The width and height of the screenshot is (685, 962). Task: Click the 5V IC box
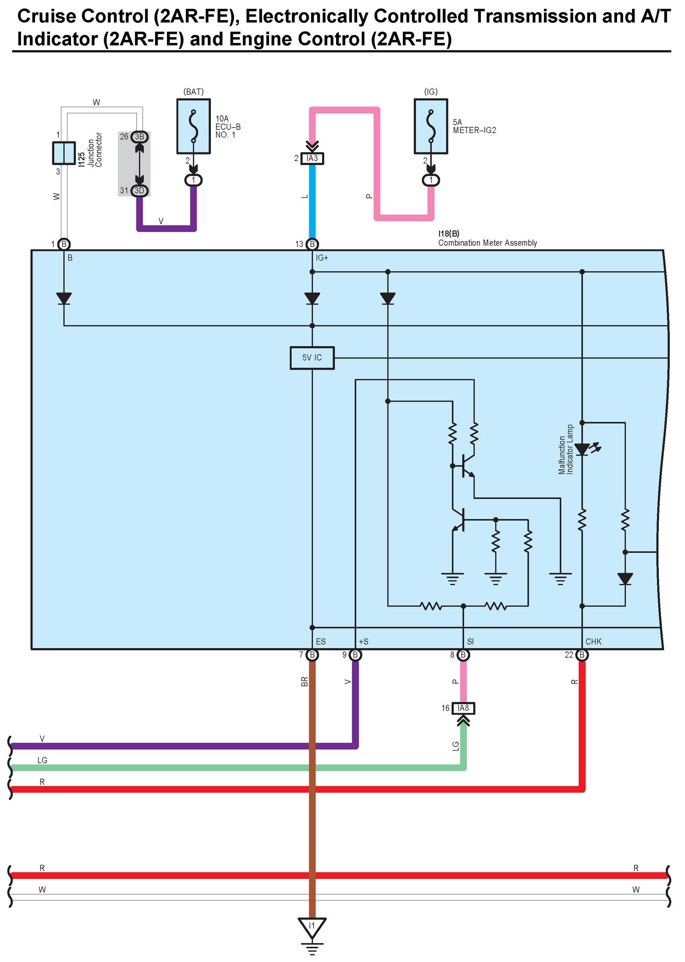tap(312, 358)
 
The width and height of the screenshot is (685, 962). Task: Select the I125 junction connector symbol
tap(64, 153)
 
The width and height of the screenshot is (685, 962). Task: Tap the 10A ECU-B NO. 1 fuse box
tap(194, 126)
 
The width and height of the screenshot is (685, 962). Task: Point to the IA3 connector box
tap(312, 158)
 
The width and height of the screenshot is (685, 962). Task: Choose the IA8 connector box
tap(463, 708)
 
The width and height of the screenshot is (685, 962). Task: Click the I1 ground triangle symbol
tap(312, 927)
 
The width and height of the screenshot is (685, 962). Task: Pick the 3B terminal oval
tap(139, 137)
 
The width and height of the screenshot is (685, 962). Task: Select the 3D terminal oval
tap(139, 190)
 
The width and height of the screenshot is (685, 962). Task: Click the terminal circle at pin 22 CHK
tap(582, 655)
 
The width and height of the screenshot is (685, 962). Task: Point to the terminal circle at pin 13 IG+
tap(312, 244)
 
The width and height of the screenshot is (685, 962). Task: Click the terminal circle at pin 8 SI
tap(463, 655)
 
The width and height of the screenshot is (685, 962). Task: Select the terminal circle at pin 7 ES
tap(312, 655)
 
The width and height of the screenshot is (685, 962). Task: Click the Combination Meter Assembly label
tap(488, 243)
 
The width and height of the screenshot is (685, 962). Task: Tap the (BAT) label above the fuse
tap(194, 92)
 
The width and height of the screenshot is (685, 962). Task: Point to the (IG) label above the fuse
tap(431, 92)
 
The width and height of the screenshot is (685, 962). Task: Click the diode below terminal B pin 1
tap(64, 298)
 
